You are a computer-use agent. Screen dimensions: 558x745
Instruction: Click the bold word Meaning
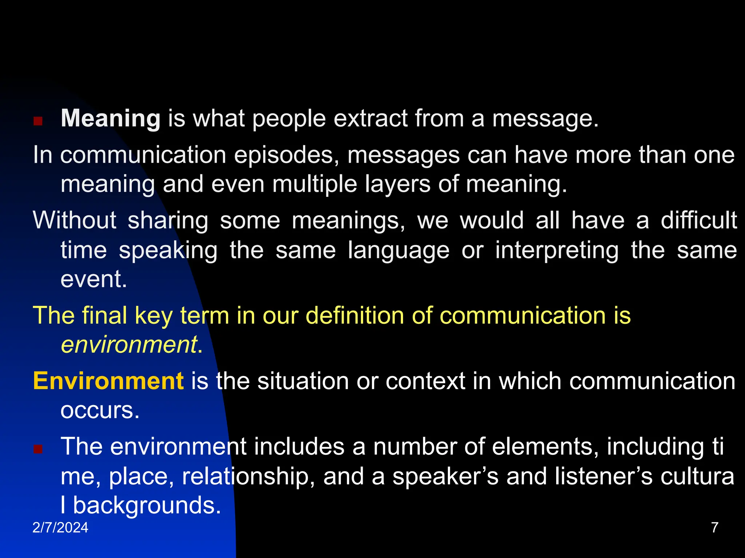point(111,119)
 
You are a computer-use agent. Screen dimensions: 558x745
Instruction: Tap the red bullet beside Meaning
point(38,121)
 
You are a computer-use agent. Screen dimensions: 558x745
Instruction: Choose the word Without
point(75,221)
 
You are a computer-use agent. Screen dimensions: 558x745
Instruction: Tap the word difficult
point(698,221)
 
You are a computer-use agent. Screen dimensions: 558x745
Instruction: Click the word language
point(398,251)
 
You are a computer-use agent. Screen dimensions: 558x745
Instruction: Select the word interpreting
point(557,251)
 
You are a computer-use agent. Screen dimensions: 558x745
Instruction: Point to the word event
point(93,280)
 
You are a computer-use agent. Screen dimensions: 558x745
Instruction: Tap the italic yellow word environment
point(129,344)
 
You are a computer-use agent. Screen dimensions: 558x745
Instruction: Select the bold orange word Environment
point(108,381)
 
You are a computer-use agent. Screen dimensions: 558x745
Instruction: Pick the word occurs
point(100,411)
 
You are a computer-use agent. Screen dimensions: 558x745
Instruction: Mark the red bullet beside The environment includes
point(38,449)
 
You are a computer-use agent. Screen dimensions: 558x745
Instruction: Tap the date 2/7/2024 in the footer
point(60,527)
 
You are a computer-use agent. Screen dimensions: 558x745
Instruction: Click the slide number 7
point(714,527)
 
